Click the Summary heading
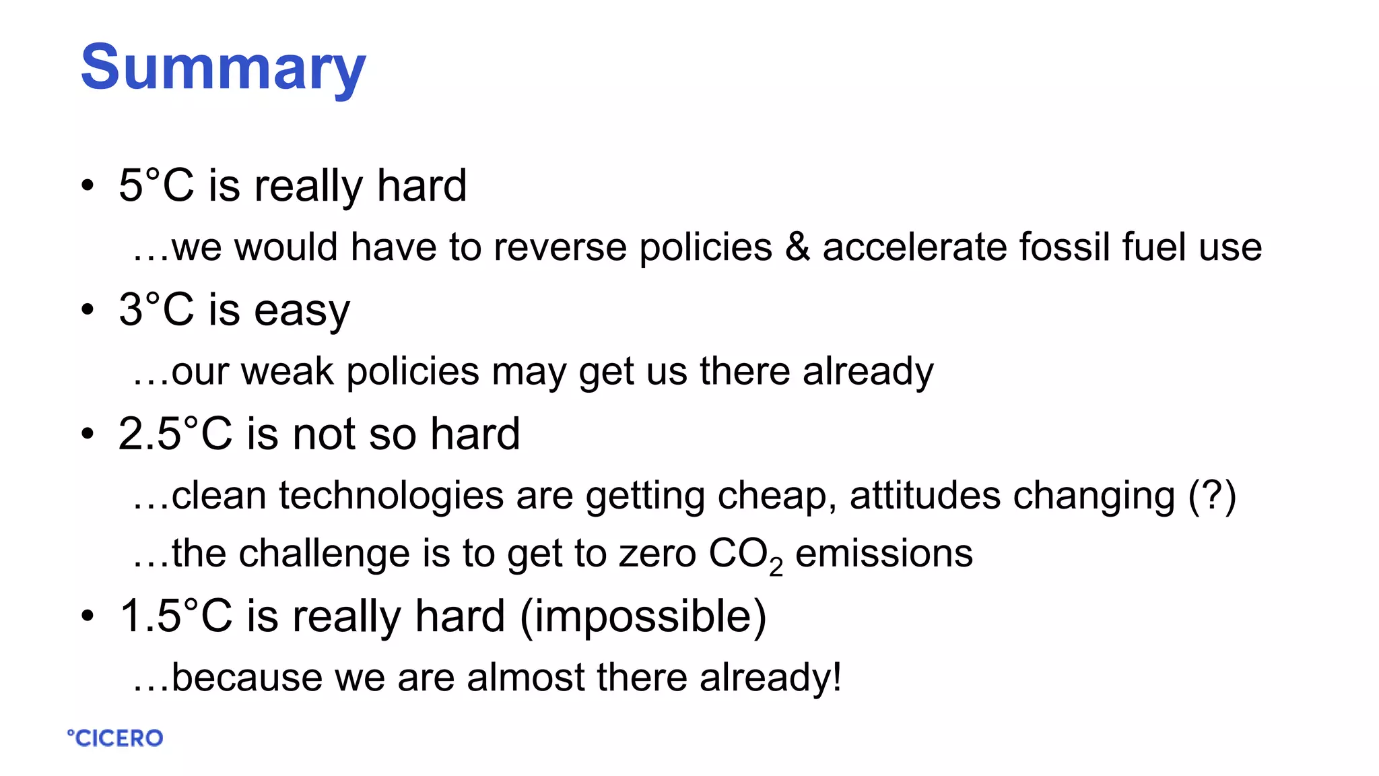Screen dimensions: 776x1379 coord(223,67)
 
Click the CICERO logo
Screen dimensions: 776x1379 coord(115,738)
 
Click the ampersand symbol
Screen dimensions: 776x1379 coord(797,247)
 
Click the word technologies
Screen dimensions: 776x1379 coord(391,496)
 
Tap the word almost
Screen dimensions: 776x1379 coord(525,677)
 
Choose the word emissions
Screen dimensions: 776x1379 coord(884,554)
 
